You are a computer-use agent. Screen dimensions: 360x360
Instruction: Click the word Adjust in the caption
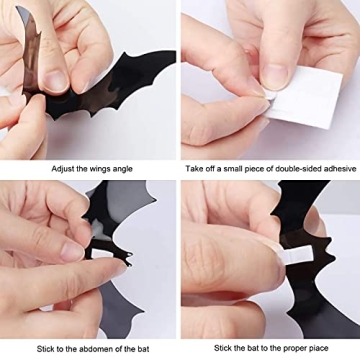pos(63,168)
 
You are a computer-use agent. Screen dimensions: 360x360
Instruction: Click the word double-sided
pos(299,168)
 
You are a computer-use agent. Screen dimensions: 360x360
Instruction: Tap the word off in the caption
pos(209,168)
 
